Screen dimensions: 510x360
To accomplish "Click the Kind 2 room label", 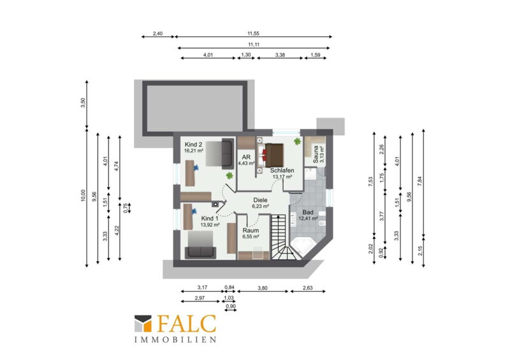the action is coord(194,145).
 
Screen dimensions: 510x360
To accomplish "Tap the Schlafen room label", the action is coord(282,170).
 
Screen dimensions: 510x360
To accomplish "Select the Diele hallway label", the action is coord(260,200).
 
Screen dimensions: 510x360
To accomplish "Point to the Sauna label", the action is coord(316,154).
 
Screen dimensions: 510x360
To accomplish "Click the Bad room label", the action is coord(308,212).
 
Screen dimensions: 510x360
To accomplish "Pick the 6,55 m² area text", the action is coord(251,237).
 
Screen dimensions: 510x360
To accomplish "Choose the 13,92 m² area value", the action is coord(210,225).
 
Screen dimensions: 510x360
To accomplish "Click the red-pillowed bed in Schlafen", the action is coord(273,155).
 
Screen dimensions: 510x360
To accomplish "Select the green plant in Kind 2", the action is coord(229,176).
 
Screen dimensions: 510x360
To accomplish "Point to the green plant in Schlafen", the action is coord(297,141).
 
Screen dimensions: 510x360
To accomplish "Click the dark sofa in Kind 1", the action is coord(200,253).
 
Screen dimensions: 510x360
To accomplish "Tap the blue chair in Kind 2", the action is coord(196,168).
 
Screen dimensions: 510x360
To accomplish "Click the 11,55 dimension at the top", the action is coord(253,34).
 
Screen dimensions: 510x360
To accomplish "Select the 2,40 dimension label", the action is coord(157,34).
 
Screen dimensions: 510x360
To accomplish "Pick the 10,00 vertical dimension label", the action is coord(83,196).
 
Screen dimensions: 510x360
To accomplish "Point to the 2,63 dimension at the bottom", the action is coord(307,288).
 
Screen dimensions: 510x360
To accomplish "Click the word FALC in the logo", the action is coord(187,324).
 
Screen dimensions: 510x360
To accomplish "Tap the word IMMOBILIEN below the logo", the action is coord(175,340).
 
